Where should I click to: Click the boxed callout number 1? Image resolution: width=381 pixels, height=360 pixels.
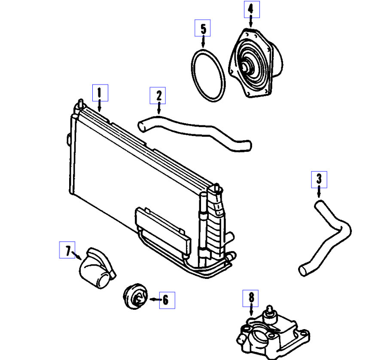(x=100, y=92)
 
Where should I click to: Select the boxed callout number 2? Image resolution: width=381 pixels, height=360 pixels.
(x=158, y=95)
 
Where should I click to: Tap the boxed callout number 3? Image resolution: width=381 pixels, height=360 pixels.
(x=319, y=179)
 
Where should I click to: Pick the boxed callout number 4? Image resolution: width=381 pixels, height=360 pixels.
(x=251, y=9)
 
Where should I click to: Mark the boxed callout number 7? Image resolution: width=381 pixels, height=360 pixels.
(x=67, y=251)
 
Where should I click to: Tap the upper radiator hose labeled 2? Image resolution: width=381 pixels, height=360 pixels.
(x=193, y=131)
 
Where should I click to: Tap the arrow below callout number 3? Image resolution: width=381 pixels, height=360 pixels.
(x=319, y=193)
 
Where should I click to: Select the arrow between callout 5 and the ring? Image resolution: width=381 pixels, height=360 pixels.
(x=203, y=42)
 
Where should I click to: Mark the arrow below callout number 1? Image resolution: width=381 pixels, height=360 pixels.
(x=100, y=106)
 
